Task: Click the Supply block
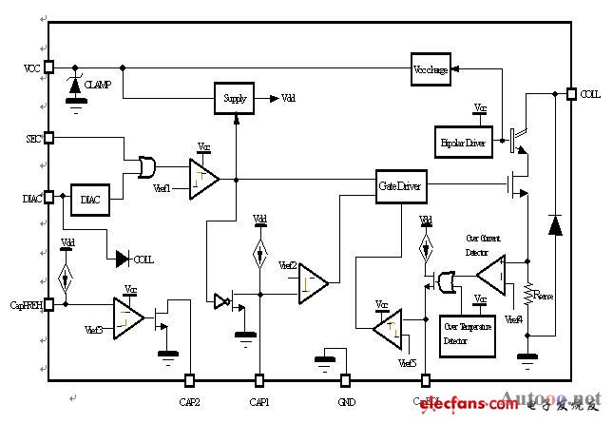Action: (x=234, y=98)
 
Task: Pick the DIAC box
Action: (x=90, y=201)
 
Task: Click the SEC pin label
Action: (x=31, y=138)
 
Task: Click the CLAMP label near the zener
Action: (x=98, y=85)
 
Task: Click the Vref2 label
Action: (x=285, y=266)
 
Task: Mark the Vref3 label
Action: (x=94, y=329)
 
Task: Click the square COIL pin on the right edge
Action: (x=572, y=93)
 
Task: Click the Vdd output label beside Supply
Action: (x=289, y=98)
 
